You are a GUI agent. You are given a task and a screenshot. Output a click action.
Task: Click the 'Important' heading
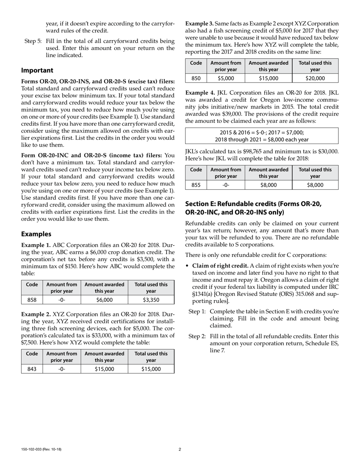tap(37, 70)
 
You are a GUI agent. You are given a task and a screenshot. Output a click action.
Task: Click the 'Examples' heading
tap(36, 234)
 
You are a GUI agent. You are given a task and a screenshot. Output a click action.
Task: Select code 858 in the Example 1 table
tap(32, 300)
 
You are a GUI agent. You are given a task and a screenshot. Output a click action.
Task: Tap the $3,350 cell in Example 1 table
tap(151, 300)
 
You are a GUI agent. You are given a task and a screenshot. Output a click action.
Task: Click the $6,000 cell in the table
tap(104, 300)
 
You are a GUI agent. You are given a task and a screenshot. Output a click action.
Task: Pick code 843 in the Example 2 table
tap(32, 369)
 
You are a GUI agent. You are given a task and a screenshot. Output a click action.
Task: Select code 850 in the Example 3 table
tap(196, 78)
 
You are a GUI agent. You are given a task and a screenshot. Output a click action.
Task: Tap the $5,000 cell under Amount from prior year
tap(226, 78)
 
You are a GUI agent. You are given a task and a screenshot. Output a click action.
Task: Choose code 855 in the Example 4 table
tap(196, 185)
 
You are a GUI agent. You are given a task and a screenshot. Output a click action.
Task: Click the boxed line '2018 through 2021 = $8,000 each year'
tap(261, 139)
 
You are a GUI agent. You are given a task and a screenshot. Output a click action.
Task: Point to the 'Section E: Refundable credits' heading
tap(253, 204)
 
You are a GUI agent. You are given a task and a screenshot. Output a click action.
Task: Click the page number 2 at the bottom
tap(180, 450)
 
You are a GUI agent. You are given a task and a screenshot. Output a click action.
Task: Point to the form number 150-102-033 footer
tap(41, 450)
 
